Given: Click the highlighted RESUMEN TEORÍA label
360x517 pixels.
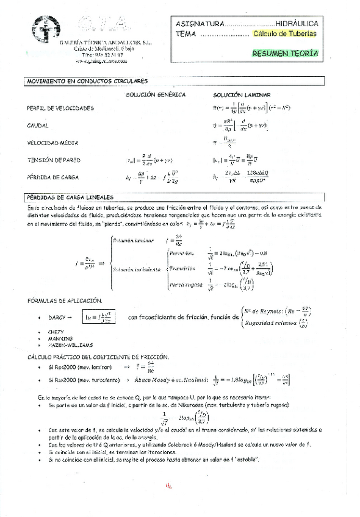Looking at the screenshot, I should click(285, 54).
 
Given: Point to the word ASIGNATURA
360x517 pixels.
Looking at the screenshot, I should click(200, 23).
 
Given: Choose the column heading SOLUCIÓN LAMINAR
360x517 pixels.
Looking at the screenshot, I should click(240, 95).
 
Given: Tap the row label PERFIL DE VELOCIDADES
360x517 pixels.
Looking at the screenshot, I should click(60, 109).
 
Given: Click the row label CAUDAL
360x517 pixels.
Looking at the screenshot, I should click(38, 126).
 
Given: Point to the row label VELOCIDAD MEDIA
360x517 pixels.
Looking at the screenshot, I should click(52, 143).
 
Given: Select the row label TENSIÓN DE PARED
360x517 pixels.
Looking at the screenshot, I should click(54, 160).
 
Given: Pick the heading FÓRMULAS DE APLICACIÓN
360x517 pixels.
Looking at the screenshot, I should click(65, 301).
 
